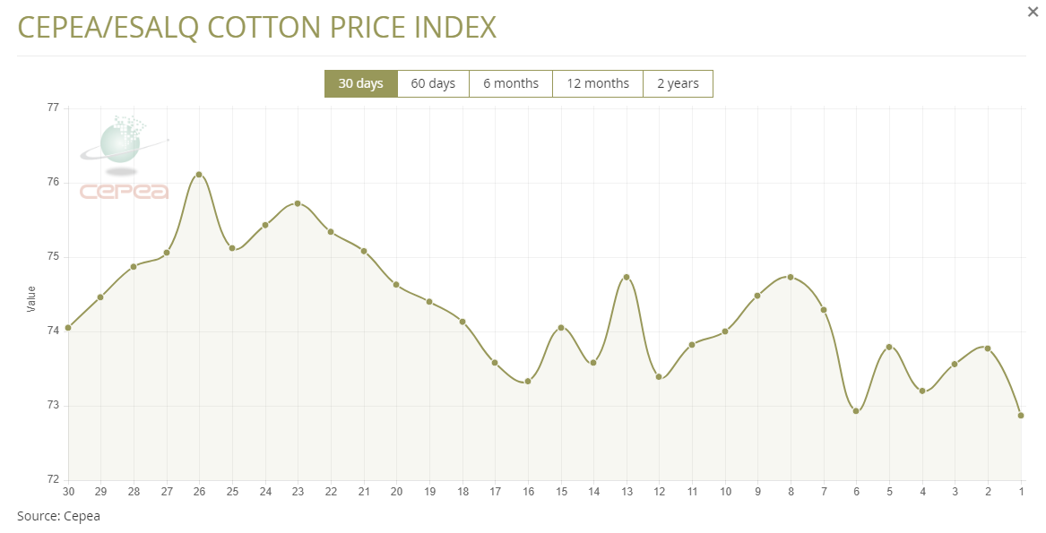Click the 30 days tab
[x=360, y=83]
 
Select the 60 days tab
[x=433, y=83]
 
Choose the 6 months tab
[x=511, y=83]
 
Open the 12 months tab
[x=598, y=83]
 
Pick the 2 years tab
[x=678, y=83]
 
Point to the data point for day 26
[x=199, y=175]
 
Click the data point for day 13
[x=627, y=277]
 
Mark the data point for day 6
[x=856, y=411]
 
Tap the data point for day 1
[x=1021, y=416]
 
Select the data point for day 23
[x=298, y=203]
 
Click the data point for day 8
[x=791, y=277]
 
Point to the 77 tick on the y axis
[x=53, y=108]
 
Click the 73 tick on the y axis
[x=53, y=406]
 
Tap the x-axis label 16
[x=528, y=492]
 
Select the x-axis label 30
[x=67, y=492]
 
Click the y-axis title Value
[x=32, y=298]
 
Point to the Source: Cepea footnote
[x=59, y=516]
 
